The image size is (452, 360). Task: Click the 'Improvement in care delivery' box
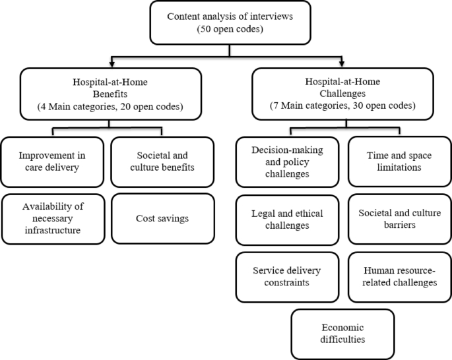point(52,161)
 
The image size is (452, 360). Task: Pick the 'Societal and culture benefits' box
point(162,161)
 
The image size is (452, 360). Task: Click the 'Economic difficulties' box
point(343,333)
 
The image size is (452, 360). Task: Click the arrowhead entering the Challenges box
point(342,64)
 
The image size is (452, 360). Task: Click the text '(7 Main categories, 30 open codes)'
point(342,105)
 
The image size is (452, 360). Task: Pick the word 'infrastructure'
point(52,229)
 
